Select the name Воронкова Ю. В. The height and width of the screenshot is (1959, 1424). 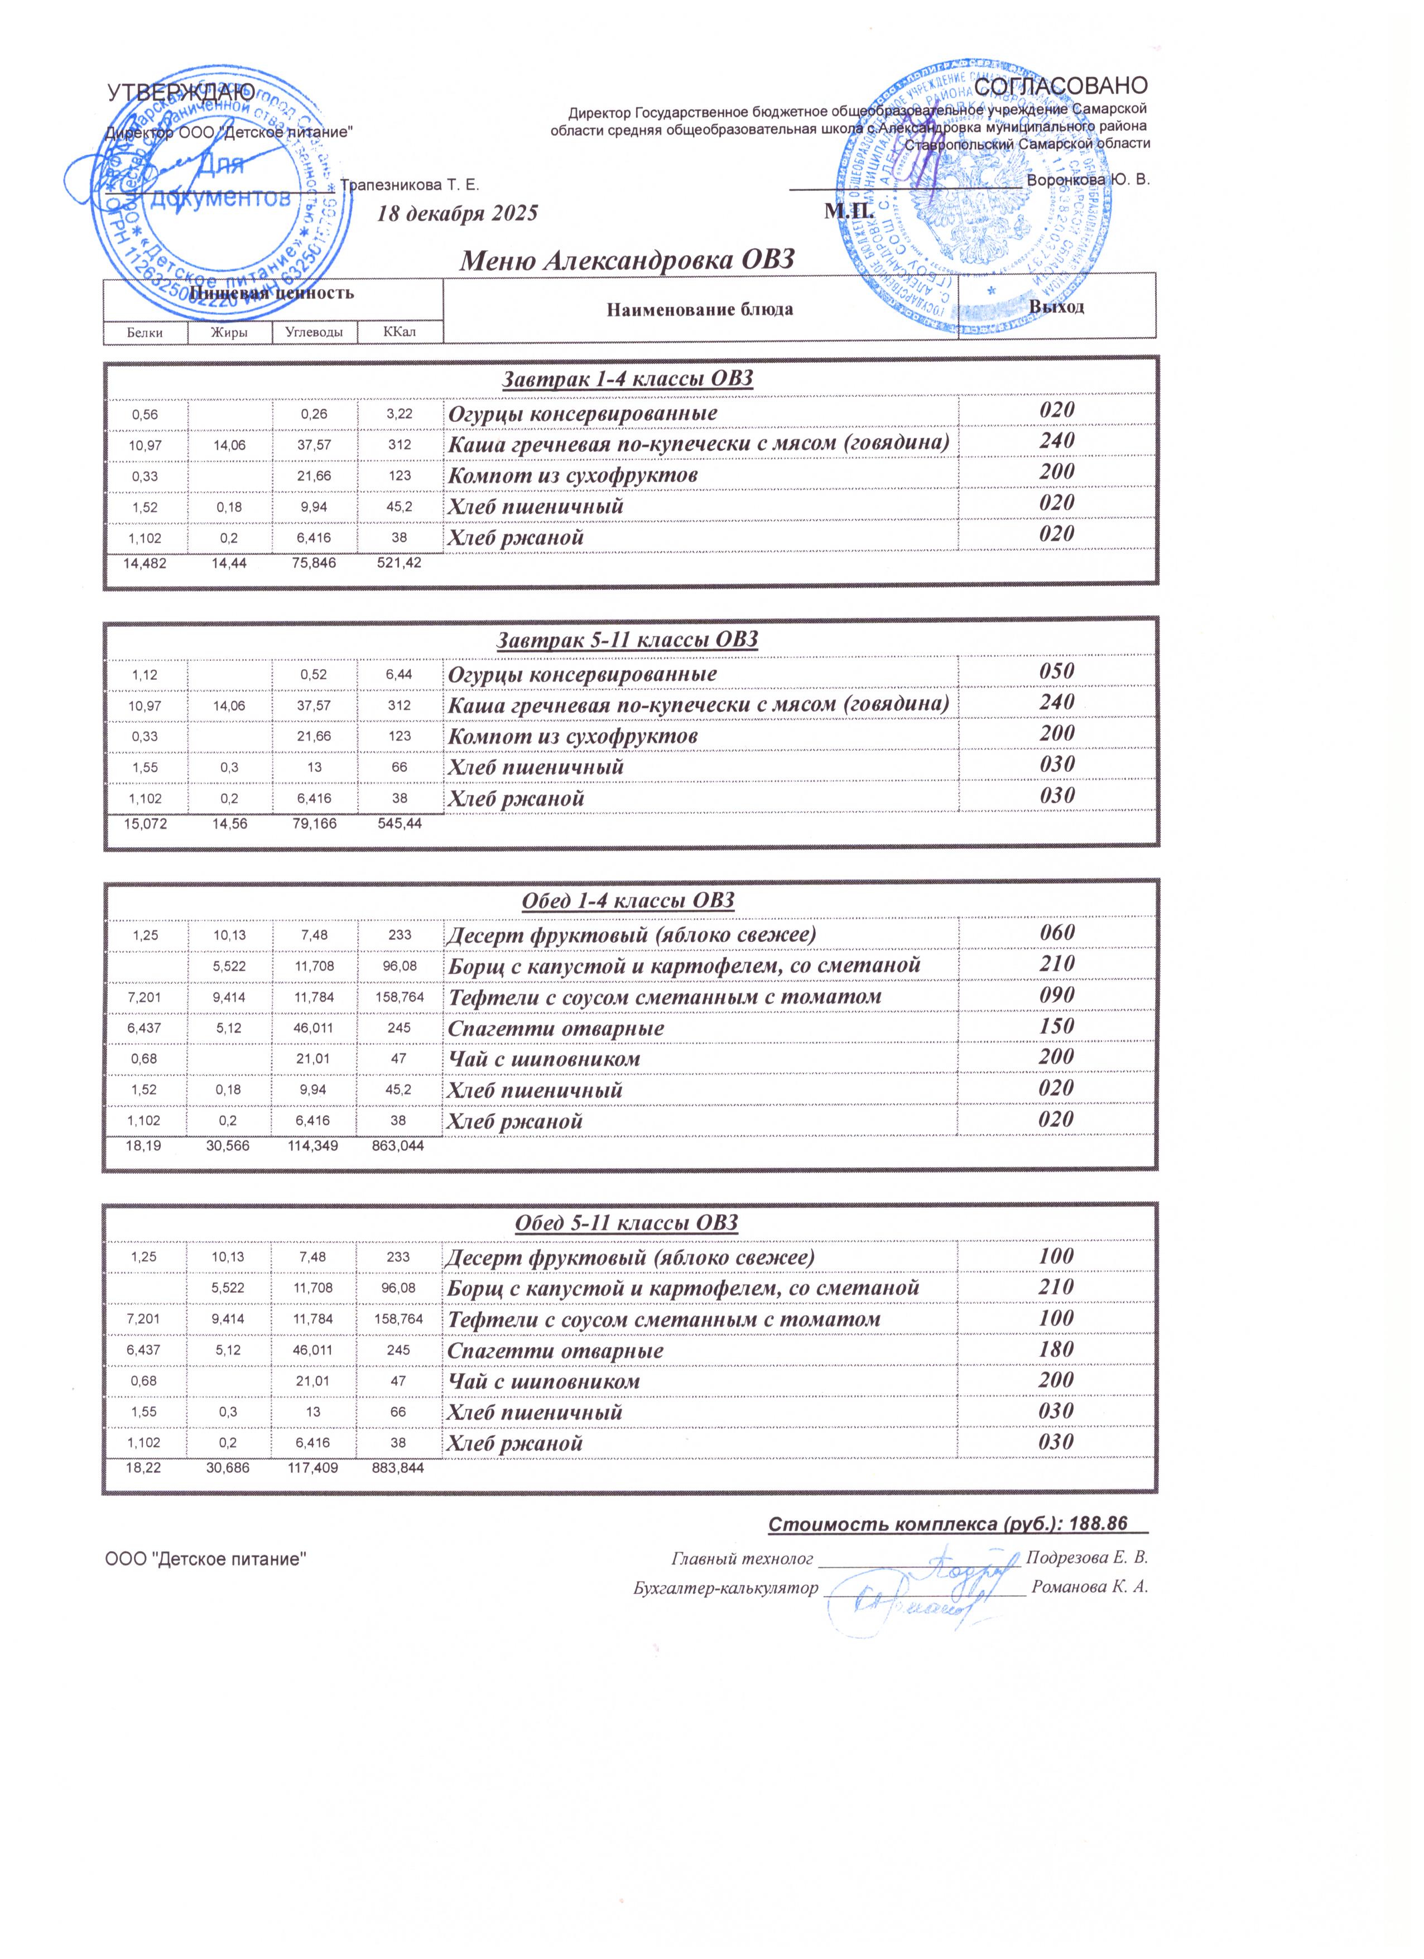pyautogui.click(x=1088, y=180)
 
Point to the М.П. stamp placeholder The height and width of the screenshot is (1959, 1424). pyautogui.click(x=850, y=211)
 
